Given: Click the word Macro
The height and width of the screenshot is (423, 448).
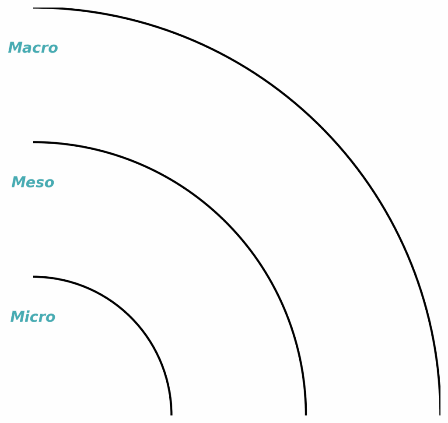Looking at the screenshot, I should coord(33,48).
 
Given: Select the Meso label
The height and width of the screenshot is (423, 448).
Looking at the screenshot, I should coord(33,182).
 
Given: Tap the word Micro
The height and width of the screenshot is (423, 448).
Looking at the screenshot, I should coord(33,317).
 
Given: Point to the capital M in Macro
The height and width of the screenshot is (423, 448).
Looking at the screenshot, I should coord(15,48).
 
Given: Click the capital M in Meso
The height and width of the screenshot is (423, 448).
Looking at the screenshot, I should coord(18,182).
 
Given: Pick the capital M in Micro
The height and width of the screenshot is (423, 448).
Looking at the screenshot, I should coord(17,317).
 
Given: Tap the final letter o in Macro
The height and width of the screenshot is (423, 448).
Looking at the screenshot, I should coord(53,49).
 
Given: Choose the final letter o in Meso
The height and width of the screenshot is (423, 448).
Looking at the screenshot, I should coord(49,183).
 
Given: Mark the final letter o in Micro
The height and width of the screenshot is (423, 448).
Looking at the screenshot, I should coord(51,317).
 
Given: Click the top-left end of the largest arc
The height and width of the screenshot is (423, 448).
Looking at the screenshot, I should coord(34,8).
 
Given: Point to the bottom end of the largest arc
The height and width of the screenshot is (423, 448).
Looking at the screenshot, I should coord(440,414).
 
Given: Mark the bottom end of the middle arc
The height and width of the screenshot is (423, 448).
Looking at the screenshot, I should coord(305,414).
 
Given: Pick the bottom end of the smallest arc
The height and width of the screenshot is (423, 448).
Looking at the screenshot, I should coord(171,414).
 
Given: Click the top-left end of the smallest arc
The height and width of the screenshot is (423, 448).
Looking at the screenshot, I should coord(34,277).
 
